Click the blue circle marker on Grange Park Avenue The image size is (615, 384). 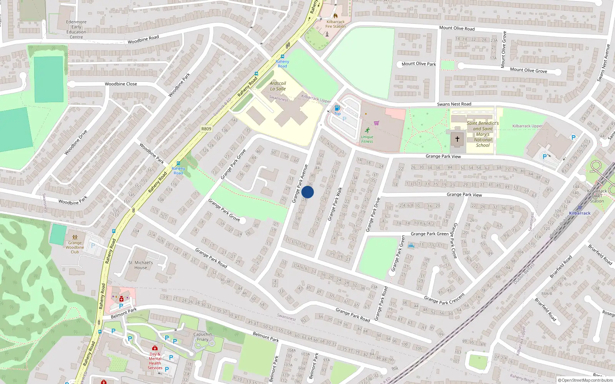[x=307, y=192]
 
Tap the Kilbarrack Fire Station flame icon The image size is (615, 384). [x=335, y=16]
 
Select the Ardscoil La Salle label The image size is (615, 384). [x=278, y=86]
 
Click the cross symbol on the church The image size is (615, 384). [x=457, y=139]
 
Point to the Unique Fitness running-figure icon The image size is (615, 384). [x=367, y=130]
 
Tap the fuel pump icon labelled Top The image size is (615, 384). [x=337, y=108]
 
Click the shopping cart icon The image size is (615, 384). [x=376, y=123]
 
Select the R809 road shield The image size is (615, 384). [x=206, y=129]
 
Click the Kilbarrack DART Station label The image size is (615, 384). [x=597, y=196]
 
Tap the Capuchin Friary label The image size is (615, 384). [x=203, y=337]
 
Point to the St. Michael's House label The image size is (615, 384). [x=141, y=265]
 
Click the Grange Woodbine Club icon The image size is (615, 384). [x=75, y=237]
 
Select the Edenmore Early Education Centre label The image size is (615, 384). [x=76, y=29]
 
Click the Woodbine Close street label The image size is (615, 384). [x=121, y=84]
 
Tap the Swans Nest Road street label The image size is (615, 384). [x=454, y=104]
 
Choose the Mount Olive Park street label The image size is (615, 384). [x=419, y=64]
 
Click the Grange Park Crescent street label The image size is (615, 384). [x=444, y=299]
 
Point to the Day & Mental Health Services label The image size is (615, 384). [x=155, y=361]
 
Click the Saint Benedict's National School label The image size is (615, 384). [x=483, y=134]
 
